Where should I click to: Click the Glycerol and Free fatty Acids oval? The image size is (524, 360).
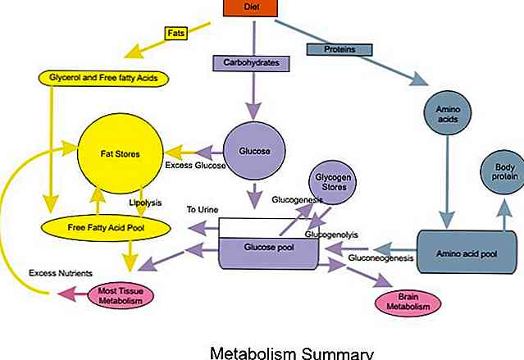pyautogui.click(x=103, y=79)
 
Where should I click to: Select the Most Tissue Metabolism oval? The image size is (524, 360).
pyautogui.click(x=121, y=294)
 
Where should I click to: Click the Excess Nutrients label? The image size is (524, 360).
pyautogui.click(x=59, y=271)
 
